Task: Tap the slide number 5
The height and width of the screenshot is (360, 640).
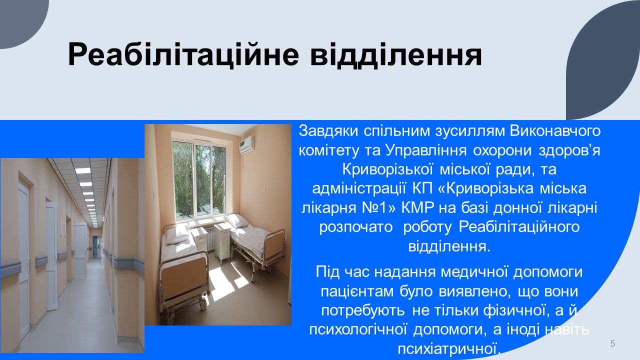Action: (612, 343)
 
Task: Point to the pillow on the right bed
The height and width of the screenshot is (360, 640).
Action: (237, 220)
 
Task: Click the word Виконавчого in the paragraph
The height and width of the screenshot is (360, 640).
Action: (551, 131)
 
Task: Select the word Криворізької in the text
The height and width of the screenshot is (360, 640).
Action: (387, 169)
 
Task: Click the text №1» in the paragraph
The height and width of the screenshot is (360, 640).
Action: (379, 207)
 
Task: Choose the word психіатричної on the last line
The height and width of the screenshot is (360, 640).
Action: (449, 349)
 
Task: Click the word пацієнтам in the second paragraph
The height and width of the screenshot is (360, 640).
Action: (357, 291)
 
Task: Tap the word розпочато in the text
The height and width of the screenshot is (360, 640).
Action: (356, 227)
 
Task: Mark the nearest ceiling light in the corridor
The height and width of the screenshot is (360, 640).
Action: (82, 170)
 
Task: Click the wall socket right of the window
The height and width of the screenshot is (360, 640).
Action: (264, 189)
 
